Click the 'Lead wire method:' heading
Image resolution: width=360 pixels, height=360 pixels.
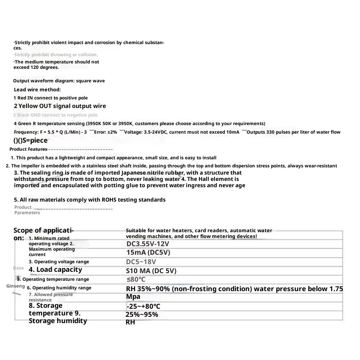pos(37,90)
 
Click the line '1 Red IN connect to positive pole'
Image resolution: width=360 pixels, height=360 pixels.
pos(50,98)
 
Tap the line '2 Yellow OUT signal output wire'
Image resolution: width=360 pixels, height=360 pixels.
pos(60,106)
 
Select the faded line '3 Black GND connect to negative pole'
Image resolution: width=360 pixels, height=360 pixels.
pos(55,115)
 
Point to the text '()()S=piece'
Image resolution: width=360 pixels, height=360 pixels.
pos(31,140)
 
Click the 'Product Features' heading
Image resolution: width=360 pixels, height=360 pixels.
pos(28,149)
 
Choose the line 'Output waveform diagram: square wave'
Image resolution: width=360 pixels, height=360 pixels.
pos(59,81)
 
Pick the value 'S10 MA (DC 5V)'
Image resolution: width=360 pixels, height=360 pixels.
pos(151,271)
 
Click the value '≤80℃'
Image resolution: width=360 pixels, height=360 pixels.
pos(135,279)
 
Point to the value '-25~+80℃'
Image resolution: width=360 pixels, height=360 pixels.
pos(143,306)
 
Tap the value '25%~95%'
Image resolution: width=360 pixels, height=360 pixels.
pos(142,315)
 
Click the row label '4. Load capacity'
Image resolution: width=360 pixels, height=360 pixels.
pos(55,270)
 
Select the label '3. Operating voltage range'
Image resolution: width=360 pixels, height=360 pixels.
pos(59,261)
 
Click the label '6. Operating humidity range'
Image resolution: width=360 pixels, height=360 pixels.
pos(59,288)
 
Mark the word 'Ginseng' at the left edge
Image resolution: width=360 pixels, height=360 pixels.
pos(16,286)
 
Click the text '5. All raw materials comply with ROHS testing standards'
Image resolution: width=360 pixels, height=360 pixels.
pos(90,199)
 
